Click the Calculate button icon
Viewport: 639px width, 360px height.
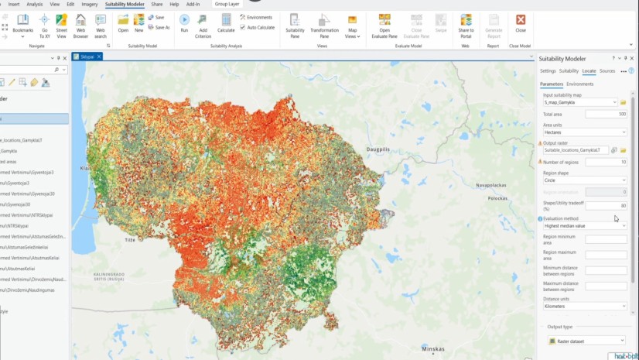(226, 22)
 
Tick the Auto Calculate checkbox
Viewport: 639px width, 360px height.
(243, 27)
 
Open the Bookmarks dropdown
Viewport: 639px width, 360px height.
(23, 24)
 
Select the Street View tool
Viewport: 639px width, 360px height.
(61, 24)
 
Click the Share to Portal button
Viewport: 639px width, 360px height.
(466, 24)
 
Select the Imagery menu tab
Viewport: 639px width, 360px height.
(90, 4)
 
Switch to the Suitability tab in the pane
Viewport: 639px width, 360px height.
(569, 70)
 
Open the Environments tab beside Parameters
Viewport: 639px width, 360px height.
(579, 84)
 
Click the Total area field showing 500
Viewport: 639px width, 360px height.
(606, 114)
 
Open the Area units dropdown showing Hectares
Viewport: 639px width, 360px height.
(584, 132)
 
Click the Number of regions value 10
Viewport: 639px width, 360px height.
(606, 162)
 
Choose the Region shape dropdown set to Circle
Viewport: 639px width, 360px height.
(584, 180)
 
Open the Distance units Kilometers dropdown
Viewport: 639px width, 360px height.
(584, 306)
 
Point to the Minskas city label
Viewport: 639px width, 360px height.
(433, 349)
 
